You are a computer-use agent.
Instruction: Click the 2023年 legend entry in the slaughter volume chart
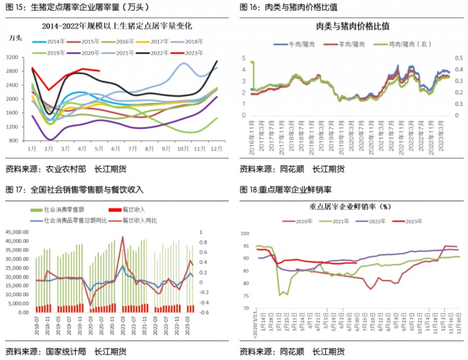(x=188, y=53)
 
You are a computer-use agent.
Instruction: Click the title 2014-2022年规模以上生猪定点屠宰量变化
(x=118, y=27)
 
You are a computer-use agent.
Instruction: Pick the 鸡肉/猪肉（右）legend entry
(x=404, y=44)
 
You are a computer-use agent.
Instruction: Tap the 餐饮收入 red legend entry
(x=129, y=210)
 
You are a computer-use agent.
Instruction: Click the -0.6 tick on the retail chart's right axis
(x=204, y=312)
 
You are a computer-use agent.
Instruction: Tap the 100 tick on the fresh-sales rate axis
(x=246, y=232)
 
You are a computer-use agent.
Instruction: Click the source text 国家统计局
(x=66, y=351)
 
